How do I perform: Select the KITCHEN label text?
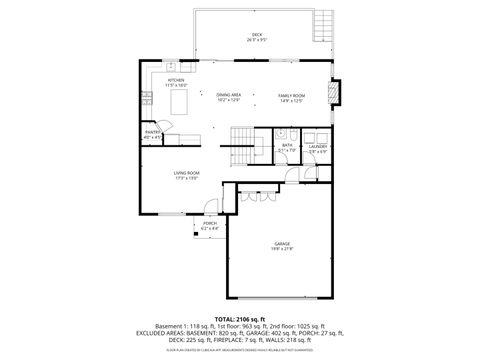pos(176,79)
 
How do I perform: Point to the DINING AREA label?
pos(229,94)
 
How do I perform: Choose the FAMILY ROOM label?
pos(291,94)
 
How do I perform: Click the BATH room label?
pos(287,145)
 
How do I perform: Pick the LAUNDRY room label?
pos(317,146)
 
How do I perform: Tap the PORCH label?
pos(209,223)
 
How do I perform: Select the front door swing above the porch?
pos(210,207)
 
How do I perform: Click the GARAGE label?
pos(283,243)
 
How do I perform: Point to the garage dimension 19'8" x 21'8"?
pos(283,249)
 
